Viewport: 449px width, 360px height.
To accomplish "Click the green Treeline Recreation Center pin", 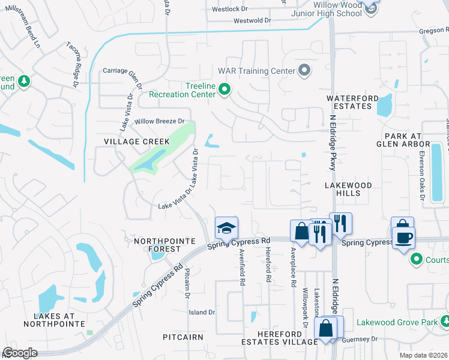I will point(224,90).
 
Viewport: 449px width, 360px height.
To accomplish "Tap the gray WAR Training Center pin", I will point(304,71).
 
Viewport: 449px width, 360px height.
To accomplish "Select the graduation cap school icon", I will point(226,228).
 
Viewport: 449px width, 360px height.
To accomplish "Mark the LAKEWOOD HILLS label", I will point(349,189).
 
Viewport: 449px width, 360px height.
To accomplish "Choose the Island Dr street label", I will point(202,313).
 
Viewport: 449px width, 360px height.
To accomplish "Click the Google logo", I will point(20,353).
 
